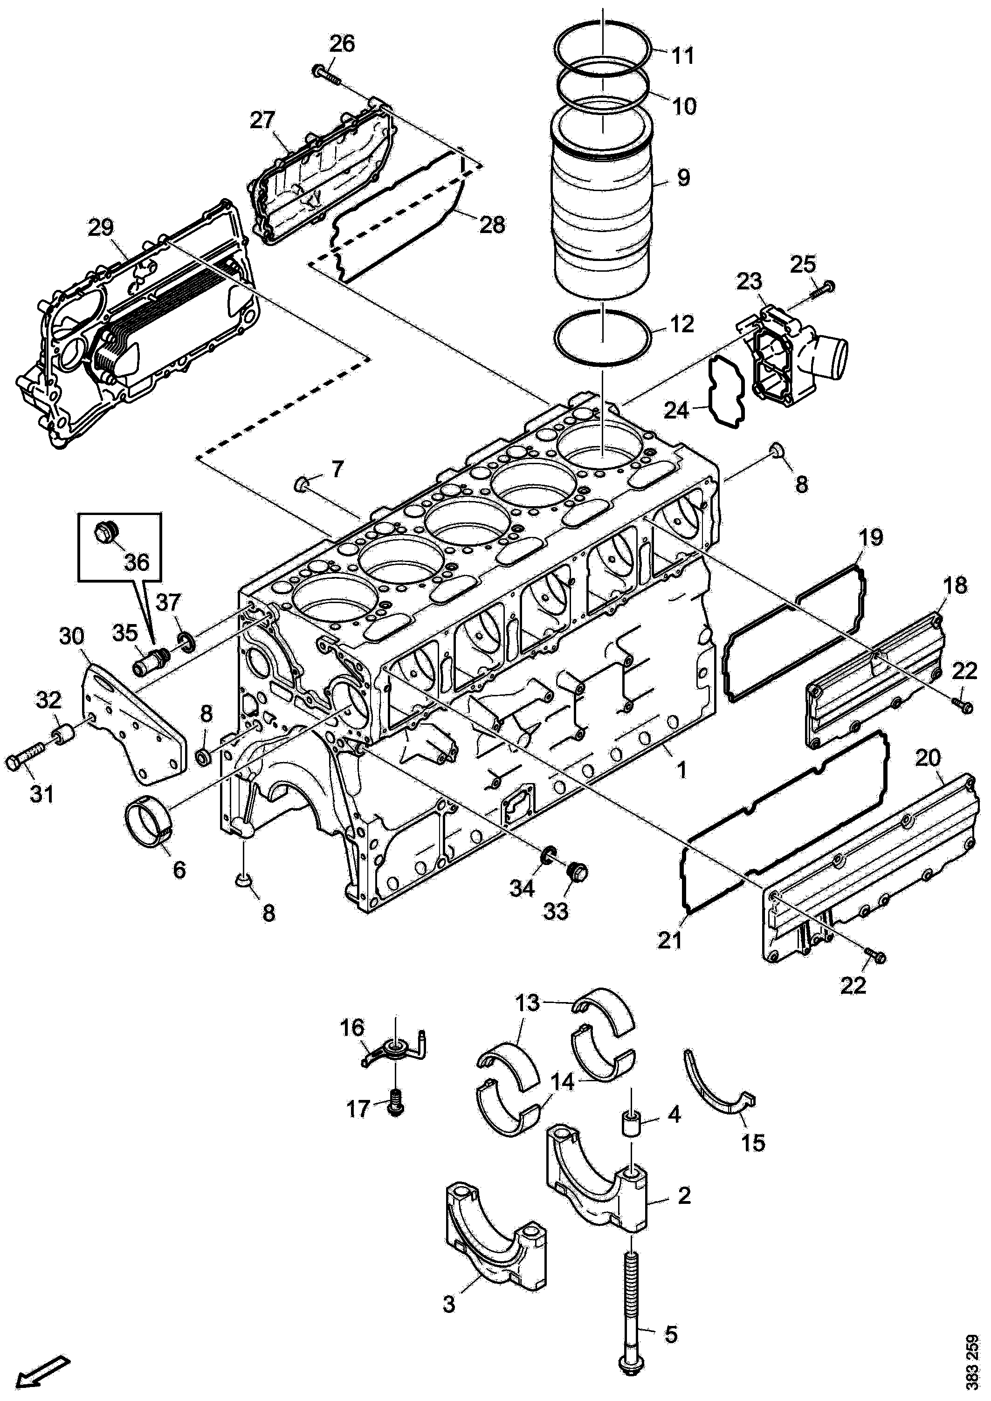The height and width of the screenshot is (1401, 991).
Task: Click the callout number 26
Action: tap(342, 44)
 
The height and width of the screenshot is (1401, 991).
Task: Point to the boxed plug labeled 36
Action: tap(105, 532)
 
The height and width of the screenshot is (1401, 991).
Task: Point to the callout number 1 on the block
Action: tap(681, 770)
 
